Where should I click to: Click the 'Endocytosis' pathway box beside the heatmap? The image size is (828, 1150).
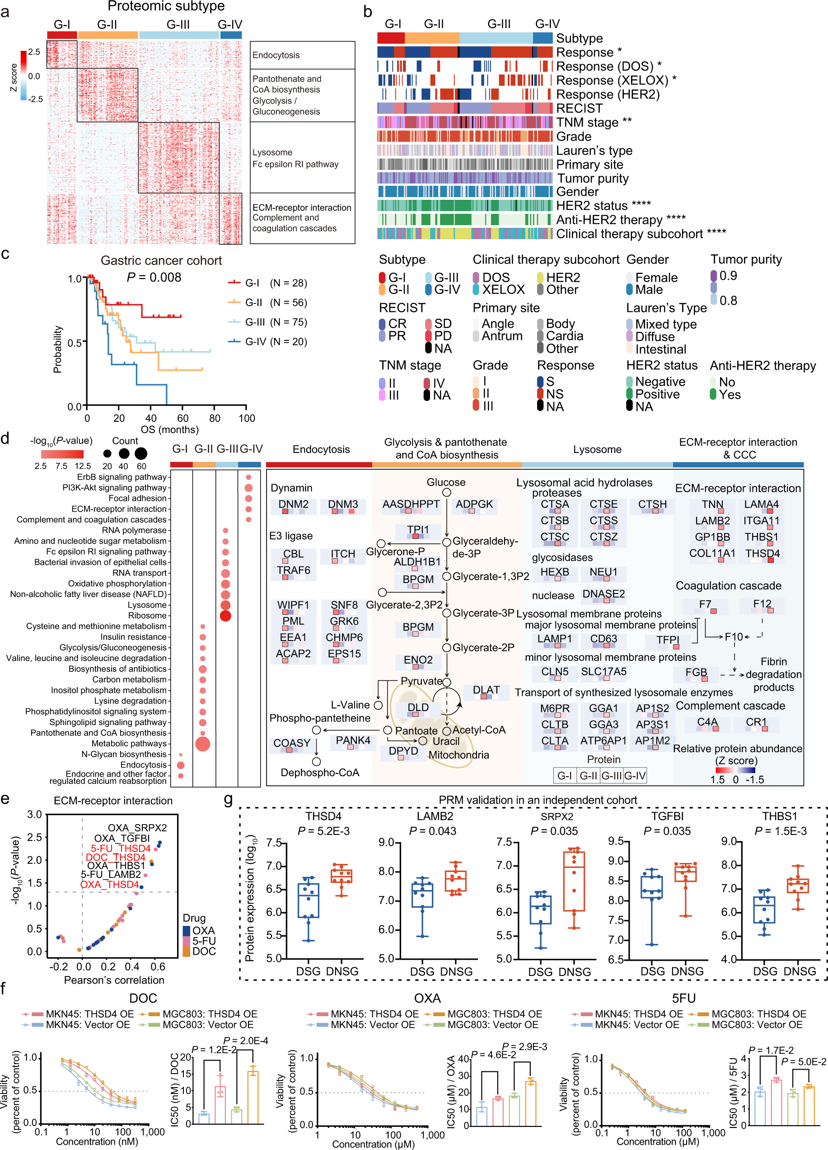coord(302,55)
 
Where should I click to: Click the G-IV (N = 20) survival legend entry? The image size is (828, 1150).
coord(276,341)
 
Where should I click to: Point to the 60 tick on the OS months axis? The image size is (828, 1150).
coord(182,418)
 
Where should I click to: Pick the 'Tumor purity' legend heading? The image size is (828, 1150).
coord(745,259)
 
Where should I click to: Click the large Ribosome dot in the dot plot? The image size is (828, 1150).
coord(225,616)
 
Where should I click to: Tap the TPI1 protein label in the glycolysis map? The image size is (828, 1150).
coord(417,529)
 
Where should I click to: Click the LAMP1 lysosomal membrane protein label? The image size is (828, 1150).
coord(554,639)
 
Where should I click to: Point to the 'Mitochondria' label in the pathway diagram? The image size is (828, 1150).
coord(458,755)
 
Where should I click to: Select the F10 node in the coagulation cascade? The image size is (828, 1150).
coord(733,636)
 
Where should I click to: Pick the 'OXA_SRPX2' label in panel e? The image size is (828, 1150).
coord(137,828)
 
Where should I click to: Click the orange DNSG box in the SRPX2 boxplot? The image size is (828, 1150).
coord(574,881)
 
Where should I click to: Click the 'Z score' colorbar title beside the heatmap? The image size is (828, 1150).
coord(14,77)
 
